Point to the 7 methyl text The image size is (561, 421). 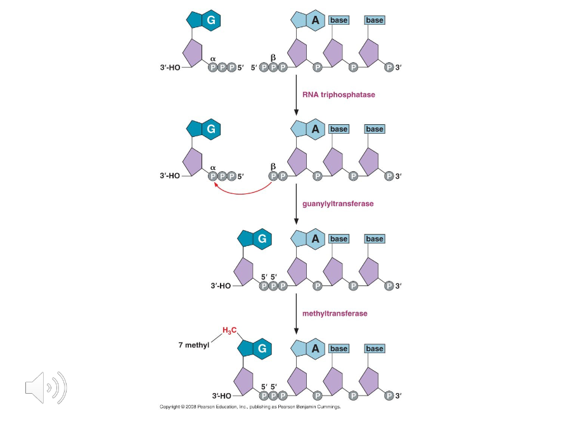[194, 346]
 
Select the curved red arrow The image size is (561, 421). [243, 190]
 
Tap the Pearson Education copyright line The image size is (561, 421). [250, 406]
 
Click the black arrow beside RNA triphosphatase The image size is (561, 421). [296, 95]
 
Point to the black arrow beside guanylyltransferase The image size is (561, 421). [296, 204]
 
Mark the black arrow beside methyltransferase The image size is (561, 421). [296, 313]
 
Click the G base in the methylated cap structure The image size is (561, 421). [261, 348]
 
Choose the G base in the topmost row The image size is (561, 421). [211, 20]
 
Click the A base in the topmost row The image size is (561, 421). [314, 20]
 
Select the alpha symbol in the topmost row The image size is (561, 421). [213, 59]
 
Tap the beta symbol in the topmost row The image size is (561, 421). [274, 58]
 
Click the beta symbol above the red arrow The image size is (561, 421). [274, 167]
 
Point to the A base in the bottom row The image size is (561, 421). [314, 348]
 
